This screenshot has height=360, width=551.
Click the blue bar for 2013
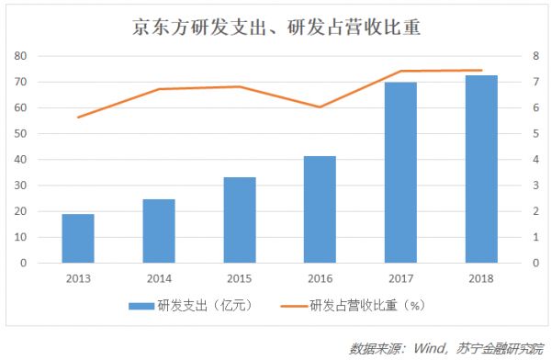pyautogui.click(x=78, y=239)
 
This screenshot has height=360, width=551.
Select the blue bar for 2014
pyautogui.click(x=159, y=231)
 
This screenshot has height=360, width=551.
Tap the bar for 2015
pyautogui.click(x=239, y=220)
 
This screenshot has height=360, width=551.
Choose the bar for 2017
pyautogui.click(x=400, y=173)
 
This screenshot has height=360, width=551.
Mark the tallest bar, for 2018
pyautogui.click(x=481, y=169)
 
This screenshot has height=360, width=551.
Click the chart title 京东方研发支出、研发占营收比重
pyautogui.click(x=275, y=27)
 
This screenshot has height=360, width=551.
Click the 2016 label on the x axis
pyautogui.click(x=320, y=278)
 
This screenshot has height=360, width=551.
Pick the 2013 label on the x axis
pyautogui.click(x=78, y=278)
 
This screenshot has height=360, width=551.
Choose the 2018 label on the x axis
pyautogui.click(x=481, y=278)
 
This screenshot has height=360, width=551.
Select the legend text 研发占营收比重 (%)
pyautogui.click(x=367, y=304)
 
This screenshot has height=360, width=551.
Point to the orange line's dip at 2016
pyautogui.click(x=320, y=107)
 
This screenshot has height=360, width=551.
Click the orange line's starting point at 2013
pyautogui.click(x=78, y=117)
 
